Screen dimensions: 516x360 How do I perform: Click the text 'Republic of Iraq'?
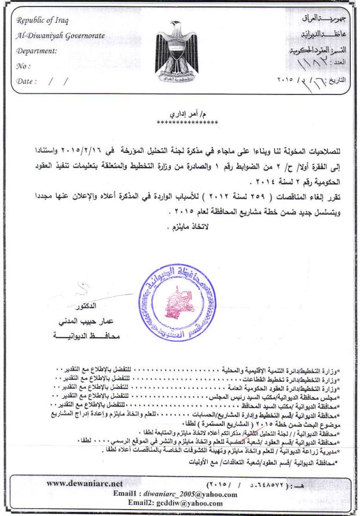pos(43,21)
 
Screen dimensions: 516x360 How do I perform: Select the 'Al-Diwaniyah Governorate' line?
pos(61,36)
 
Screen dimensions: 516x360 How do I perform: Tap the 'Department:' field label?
pos(37,51)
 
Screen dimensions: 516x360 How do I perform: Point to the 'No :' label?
pos(24,66)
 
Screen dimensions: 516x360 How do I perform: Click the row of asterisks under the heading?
pos(186,122)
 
